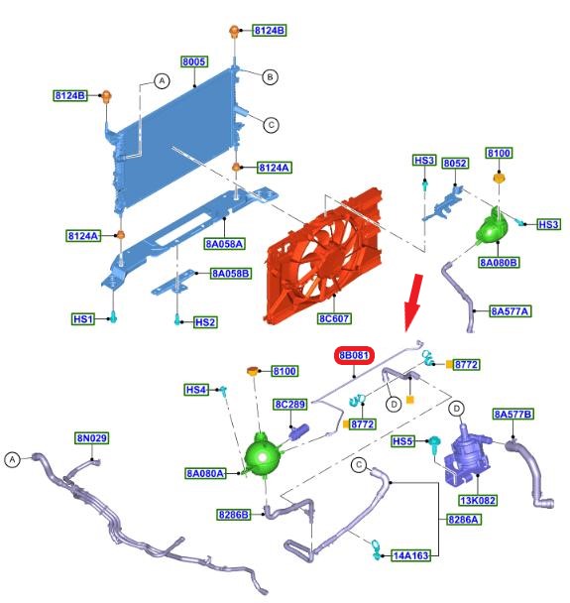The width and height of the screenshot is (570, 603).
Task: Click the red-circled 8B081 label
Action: click(x=354, y=355)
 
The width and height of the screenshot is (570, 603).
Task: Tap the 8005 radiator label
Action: click(x=194, y=61)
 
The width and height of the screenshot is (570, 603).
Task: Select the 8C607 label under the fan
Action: click(x=334, y=318)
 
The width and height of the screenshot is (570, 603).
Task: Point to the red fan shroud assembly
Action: click(x=323, y=255)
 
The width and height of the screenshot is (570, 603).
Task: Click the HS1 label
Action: click(x=83, y=318)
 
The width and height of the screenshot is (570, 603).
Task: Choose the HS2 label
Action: click(x=205, y=322)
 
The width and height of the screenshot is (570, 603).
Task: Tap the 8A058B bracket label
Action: click(x=231, y=274)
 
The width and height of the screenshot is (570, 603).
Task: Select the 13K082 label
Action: click(x=478, y=500)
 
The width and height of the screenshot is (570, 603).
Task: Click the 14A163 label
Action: click(x=410, y=555)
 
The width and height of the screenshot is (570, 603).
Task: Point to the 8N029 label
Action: click(x=92, y=438)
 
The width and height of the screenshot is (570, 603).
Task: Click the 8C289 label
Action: click(x=290, y=405)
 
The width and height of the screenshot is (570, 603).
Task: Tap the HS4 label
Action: click(x=196, y=390)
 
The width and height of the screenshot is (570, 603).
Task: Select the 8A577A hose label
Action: click(x=511, y=311)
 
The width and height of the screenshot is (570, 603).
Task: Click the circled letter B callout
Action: click(x=271, y=77)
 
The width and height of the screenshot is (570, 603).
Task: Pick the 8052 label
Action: click(x=455, y=163)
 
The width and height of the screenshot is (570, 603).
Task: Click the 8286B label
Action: click(x=234, y=515)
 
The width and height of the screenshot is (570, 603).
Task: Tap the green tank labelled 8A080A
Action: click(x=264, y=455)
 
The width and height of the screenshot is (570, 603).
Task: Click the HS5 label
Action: click(x=402, y=441)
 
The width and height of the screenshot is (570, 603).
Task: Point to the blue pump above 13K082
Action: click(x=467, y=455)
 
